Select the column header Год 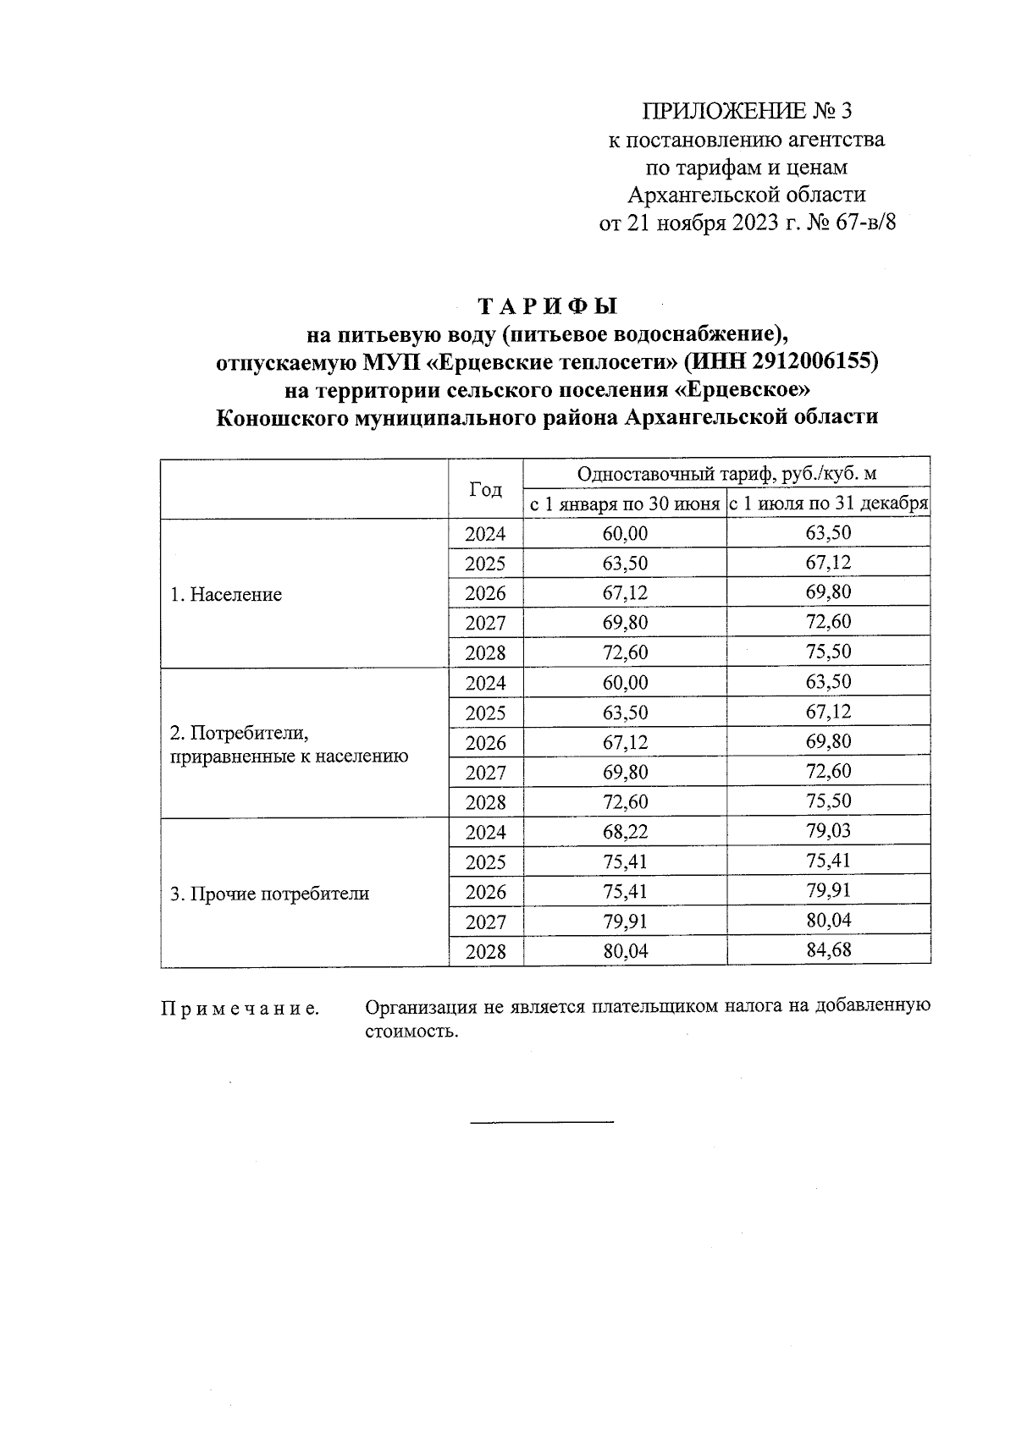coord(485,489)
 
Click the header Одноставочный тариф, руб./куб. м coord(726,475)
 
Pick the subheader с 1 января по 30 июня coord(625,504)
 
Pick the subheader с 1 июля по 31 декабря coord(829,504)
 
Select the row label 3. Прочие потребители coord(269,894)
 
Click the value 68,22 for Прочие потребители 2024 coord(625,833)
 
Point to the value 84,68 coord(828,950)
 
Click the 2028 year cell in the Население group coord(485,653)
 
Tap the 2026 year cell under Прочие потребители coord(485,893)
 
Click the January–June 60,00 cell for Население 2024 coord(625,534)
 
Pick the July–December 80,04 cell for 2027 coord(828,921)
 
